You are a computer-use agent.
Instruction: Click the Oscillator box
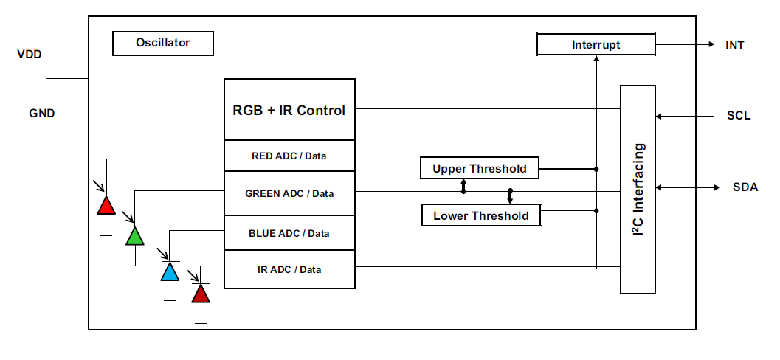point(162,44)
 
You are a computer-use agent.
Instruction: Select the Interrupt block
point(596,45)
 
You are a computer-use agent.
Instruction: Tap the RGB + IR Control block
point(289,111)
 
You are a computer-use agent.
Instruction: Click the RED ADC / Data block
point(289,156)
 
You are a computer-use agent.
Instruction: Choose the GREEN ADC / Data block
point(289,193)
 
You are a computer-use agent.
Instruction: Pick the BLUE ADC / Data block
point(289,233)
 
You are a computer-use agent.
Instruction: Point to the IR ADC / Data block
point(289,269)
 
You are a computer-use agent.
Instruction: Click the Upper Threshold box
point(479,169)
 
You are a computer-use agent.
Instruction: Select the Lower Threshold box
point(480,215)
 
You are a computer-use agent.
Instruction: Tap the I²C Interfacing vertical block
point(638,189)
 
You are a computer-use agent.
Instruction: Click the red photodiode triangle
point(106,205)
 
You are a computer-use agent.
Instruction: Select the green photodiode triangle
point(134,236)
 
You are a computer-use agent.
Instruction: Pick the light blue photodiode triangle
point(170,271)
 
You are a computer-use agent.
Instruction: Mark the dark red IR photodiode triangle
point(200,294)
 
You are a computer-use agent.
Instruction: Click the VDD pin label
point(30,55)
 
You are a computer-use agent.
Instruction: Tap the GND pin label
point(41,114)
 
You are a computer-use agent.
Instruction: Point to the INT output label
point(734,46)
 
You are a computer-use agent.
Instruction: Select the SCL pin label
point(738,116)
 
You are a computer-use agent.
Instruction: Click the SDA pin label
point(745,187)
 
